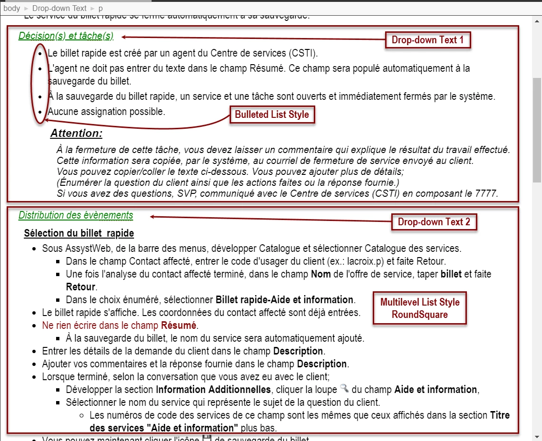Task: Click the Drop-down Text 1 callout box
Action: tap(427, 40)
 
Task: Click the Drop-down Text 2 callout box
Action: tap(434, 222)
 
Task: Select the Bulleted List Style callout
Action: tap(272, 115)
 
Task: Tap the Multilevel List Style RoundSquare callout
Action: tap(420, 308)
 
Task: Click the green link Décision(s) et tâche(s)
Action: tap(66, 36)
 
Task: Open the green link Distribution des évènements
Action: tap(76, 215)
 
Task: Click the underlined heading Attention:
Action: tap(76, 134)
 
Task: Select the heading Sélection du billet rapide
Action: tap(79, 233)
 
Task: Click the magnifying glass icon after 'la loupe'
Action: tap(345, 389)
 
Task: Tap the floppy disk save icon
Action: tap(207, 438)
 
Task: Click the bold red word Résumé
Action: tap(179, 326)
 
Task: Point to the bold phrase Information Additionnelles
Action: tap(213, 390)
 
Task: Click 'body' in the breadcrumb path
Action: tap(12, 8)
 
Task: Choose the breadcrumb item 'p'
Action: tap(100, 8)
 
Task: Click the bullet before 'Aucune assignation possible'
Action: tap(40, 112)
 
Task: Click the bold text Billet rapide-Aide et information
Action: tap(284, 300)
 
